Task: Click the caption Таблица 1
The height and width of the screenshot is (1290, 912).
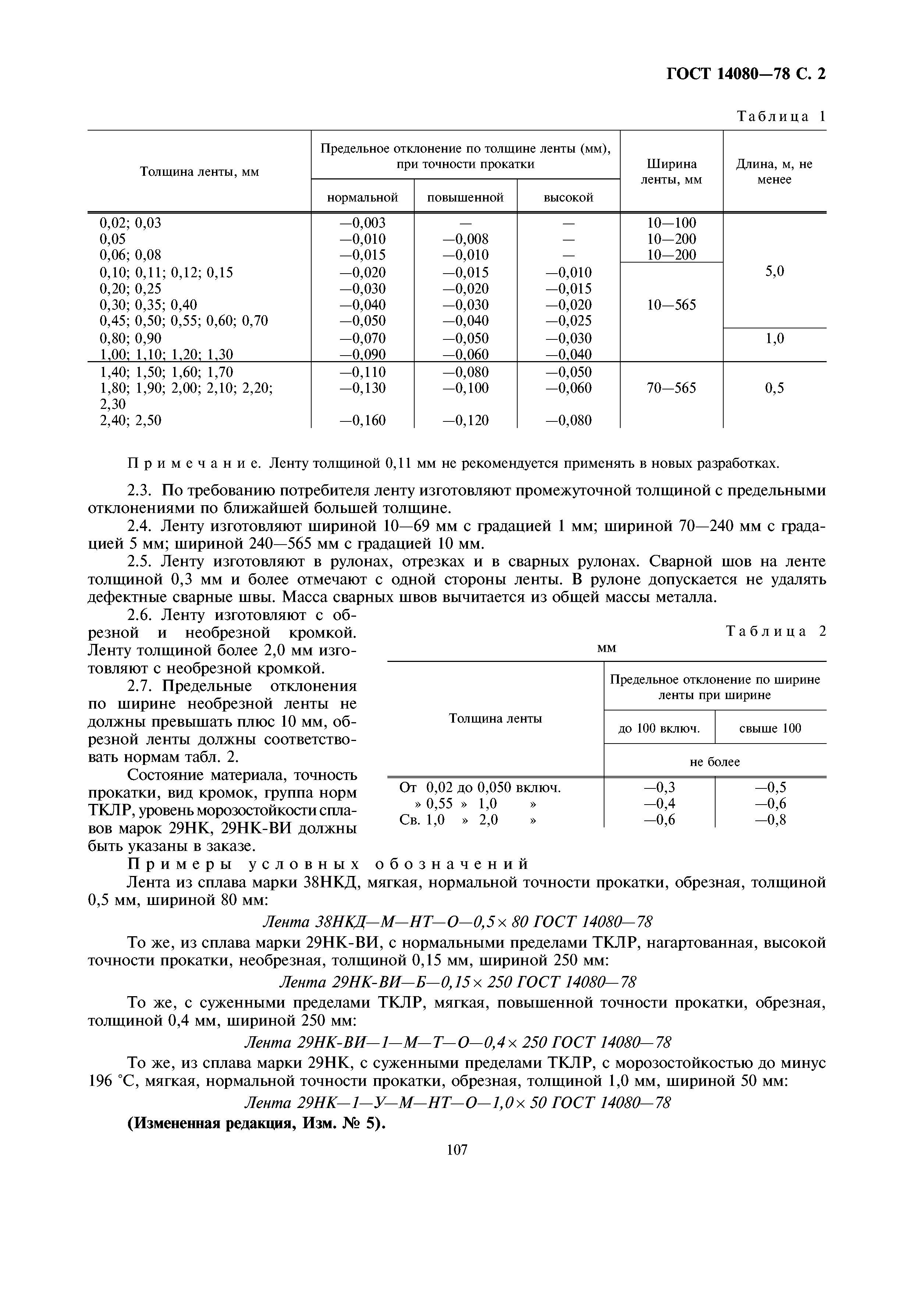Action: (781, 117)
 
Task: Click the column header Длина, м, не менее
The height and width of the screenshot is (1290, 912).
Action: (774, 172)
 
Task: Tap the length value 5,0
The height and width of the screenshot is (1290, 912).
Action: (774, 272)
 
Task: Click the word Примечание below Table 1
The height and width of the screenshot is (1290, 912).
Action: (194, 463)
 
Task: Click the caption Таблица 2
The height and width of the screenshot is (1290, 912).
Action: (776, 631)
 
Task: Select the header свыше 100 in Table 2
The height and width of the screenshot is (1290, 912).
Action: (770, 729)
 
